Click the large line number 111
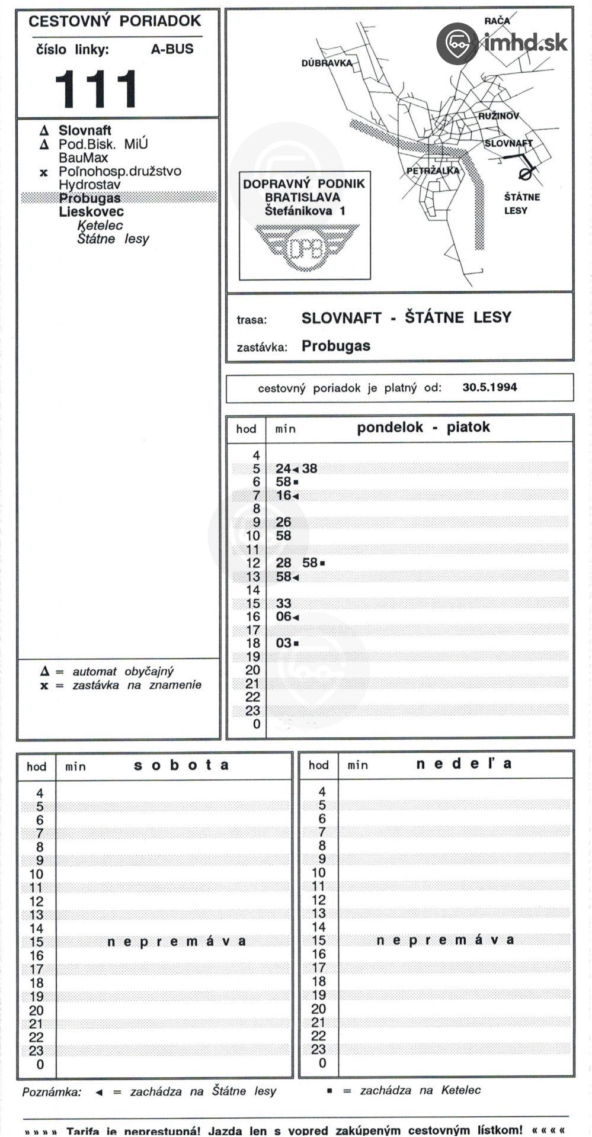tap(97, 89)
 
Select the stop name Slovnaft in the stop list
tap(85, 130)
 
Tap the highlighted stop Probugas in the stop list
tap(90, 198)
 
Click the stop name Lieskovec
tap(91, 212)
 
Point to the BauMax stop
tap(83, 158)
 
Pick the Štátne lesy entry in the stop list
tap(113, 239)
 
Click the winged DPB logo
tap(306, 247)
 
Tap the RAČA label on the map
tap(497, 21)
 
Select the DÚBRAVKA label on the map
tap(327, 63)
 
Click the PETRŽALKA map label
tap(433, 171)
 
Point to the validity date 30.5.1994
tap(489, 387)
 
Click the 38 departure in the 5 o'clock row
tap(309, 468)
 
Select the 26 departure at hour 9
tap(283, 522)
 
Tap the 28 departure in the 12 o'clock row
tap(283, 563)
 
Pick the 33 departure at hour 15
tap(283, 603)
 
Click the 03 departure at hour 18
tap(283, 643)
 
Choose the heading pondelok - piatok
tap(423, 428)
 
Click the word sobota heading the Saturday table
tap(181, 765)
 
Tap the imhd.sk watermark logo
tap(502, 43)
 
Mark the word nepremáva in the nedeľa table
tap(445, 940)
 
